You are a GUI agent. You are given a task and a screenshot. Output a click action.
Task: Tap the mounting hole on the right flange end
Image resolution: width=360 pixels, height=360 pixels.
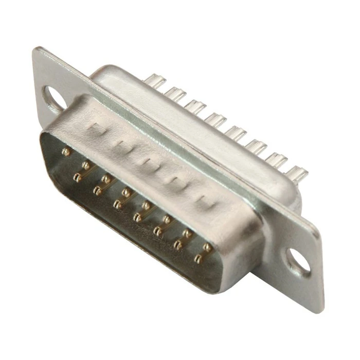point(299,261)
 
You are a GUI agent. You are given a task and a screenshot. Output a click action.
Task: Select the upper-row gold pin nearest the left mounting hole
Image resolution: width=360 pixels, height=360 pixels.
point(66,152)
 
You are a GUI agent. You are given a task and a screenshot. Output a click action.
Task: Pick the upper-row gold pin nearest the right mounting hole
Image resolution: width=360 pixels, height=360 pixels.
point(208,248)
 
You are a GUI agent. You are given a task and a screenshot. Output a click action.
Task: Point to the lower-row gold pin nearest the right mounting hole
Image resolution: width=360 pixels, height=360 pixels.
point(198,259)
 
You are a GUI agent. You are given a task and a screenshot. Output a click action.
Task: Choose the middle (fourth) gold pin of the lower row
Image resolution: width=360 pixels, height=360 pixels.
point(138,218)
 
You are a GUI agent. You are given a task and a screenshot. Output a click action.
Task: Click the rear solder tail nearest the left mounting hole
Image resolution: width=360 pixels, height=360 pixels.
point(155,81)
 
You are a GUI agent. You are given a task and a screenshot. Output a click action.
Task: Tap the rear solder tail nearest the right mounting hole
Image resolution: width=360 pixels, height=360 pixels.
point(297,173)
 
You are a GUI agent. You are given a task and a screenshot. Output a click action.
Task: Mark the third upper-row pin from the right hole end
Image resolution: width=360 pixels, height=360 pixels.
point(167,220)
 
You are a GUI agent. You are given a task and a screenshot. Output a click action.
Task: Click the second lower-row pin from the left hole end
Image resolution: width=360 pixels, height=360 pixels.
point(97,191)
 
